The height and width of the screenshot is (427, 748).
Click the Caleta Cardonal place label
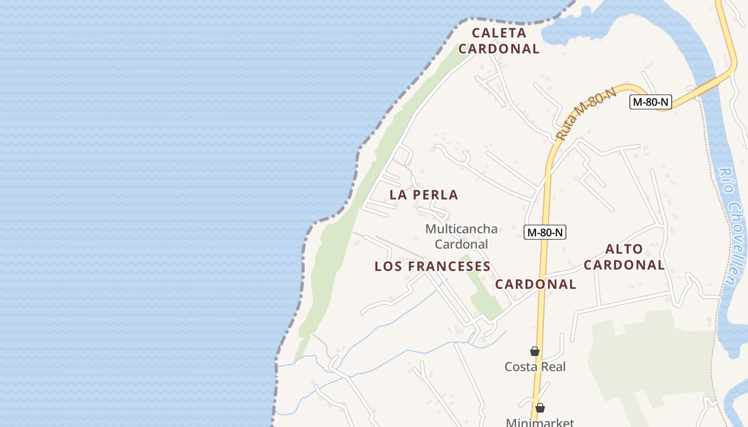[499, 41]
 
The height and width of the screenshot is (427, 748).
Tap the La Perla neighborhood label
[424, 195]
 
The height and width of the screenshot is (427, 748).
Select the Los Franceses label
[432, 266]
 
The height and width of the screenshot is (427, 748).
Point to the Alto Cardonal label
[624, 257]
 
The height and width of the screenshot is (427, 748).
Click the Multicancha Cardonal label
[461, 236]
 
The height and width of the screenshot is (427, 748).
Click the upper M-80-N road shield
[650, 102]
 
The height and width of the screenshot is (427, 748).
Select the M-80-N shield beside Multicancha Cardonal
[544, 232]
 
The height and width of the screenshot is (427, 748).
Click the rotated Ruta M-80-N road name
[586, 114]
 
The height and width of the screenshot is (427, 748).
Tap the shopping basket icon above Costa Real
[534, 351]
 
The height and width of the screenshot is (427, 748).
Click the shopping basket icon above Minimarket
[540, 408]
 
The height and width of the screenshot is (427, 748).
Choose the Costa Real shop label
[535, 367]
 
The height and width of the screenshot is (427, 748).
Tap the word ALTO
[624, 249]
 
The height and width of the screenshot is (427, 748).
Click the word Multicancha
[461, 229]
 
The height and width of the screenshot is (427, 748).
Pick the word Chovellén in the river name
[736, 246]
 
